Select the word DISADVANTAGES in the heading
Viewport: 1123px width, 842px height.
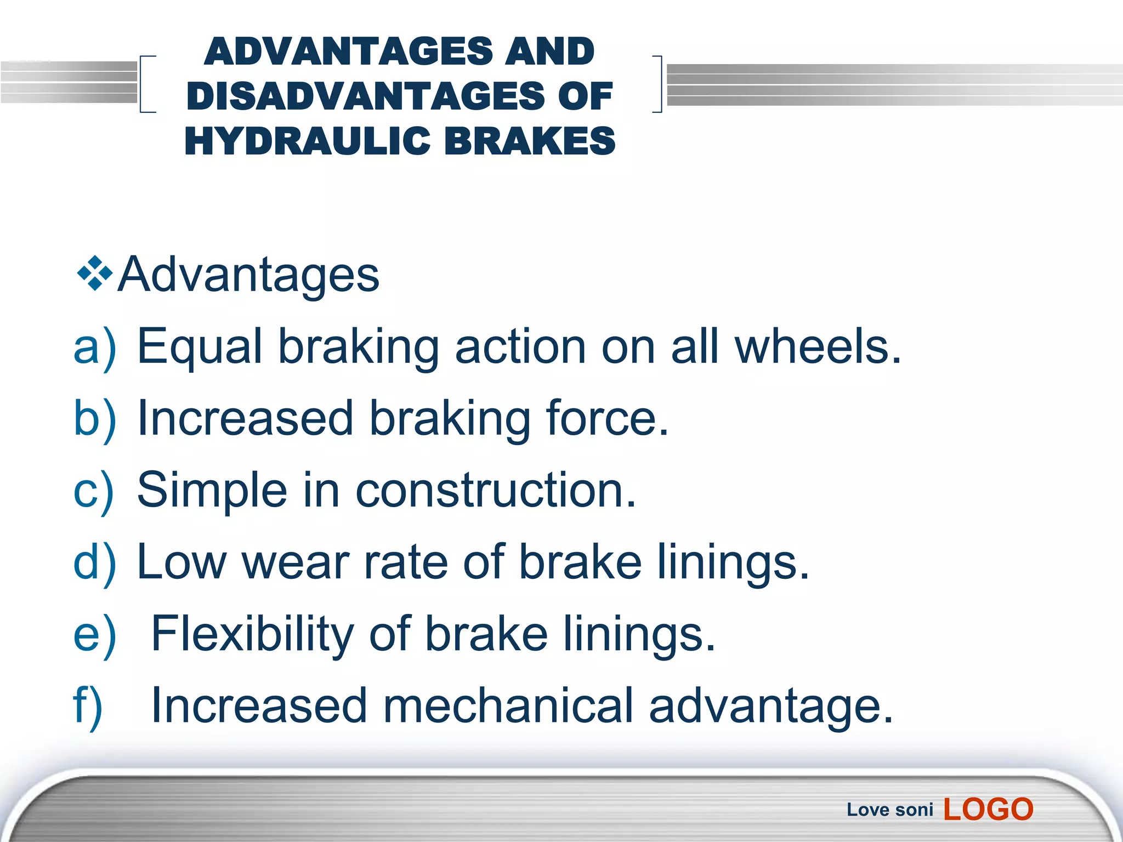point(365,96)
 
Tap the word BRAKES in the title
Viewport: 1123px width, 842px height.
point(530,141)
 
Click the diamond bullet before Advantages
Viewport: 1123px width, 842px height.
point(95,273)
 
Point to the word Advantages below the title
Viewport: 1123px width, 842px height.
point(249,274)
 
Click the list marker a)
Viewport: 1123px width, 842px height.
point(94,347)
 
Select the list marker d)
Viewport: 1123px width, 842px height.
point(94,562)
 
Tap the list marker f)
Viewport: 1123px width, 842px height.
point(88,706)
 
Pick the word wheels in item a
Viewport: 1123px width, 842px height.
point(817,347)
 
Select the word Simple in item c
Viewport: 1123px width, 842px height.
point(212,490)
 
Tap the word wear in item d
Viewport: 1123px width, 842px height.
point(296,562)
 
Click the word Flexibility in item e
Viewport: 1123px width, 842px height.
point(252,634)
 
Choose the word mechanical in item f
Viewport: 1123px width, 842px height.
point(508,706)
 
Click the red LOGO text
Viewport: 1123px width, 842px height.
point(988,810)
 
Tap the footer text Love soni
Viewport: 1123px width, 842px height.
point(889,810)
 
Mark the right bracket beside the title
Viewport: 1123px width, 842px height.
point(658,84)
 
